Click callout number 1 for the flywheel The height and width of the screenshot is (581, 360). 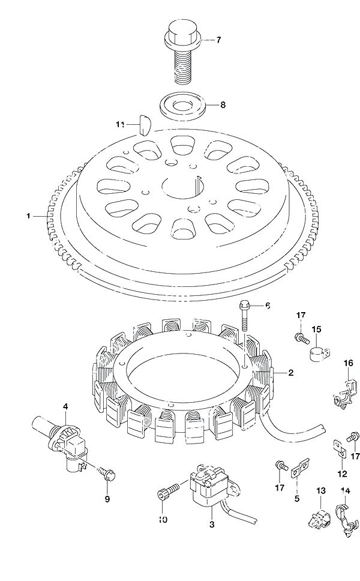click(x=28, y=215)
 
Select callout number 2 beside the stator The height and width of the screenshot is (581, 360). click(x=291, y=372)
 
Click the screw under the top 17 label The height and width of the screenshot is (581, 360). click(x=302, y=339)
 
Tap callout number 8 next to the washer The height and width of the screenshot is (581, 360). click(x=223, y=105)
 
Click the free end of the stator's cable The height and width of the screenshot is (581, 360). click(x=325, y=427)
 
